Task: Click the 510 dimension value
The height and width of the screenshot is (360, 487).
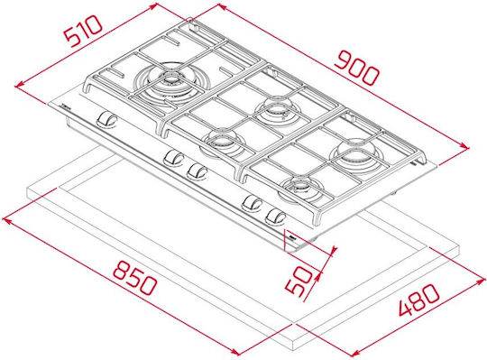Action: [83, 31]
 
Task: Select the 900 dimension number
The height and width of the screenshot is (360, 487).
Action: [357, 69]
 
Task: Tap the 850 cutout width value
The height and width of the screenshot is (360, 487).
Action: [134, 278]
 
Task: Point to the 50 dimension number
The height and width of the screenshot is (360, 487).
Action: [299, 281]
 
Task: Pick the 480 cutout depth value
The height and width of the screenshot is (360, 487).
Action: [419, 300]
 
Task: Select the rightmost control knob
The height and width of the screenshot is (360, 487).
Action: [275, 217]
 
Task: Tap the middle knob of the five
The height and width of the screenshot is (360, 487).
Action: [198, 171]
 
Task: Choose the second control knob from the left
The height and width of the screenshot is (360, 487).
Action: [174, 158]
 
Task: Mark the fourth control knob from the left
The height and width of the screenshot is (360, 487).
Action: [253, 202]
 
